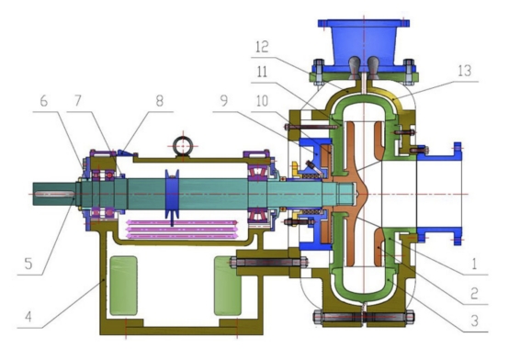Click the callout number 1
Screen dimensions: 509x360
(x=474, y=264)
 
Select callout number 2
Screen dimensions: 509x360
(x=474, y=293)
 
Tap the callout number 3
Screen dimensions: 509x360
(x=474, y=321)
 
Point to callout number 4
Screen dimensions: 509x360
(x=28, y=317)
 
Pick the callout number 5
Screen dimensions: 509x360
(x=28, y=264)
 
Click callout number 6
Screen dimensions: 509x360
(x=44, y=101)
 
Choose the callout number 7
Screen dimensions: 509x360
(x=77, y=101)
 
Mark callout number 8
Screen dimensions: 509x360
(x=159, y=101)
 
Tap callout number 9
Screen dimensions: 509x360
(x=224, y=101)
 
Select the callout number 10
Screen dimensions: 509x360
(x=262, y=101)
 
